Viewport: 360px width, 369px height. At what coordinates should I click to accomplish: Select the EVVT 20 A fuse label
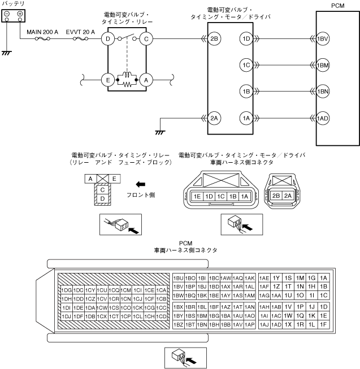pyautogui.click(x=81, y=32)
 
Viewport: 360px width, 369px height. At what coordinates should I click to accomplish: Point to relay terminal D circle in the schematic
pyautogui.click(x=109, y=39)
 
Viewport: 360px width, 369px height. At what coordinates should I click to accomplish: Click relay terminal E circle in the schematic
pyautogui.click(x=109, y=80)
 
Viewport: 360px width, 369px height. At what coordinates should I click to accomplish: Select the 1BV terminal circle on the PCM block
pyautogui.click(x=323, y=39)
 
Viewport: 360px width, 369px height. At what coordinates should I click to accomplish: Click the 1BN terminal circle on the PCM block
pyautogui.click(x=323, y=92)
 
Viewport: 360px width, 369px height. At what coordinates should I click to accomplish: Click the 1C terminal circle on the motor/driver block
pyautogui.click(x=245, y=65)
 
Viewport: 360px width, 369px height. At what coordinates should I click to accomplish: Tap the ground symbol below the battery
pyautogui.click(x=7, y=53)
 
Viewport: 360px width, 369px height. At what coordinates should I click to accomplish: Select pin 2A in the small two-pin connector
pyautogui.click(x=288, y=196)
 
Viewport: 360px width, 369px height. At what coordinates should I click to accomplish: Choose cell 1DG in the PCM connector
pyautogui.click(x=67, y=290)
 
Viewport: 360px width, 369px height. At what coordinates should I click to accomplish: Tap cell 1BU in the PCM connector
pyautogui.click(x=179, y=278)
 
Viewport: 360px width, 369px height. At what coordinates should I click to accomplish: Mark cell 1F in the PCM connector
pyautogui.click(x=323, y=324)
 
